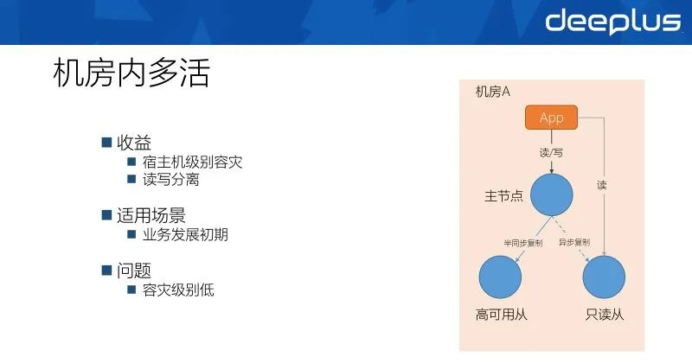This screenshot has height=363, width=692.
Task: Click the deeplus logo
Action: [612, 21]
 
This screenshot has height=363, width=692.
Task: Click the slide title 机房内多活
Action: [131, 73]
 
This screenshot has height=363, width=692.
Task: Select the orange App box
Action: [551, 118]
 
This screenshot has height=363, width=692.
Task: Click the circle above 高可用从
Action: [500, 277]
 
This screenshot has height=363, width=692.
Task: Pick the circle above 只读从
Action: [604, 277]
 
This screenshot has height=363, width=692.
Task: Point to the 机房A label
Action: [493, 92]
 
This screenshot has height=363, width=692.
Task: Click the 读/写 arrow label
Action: [551, 151]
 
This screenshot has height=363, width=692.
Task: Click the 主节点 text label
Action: [503, 195]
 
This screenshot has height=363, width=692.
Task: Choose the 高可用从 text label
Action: [501, 315]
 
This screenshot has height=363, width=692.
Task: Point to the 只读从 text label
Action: [604, 315]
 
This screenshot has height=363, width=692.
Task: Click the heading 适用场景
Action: [151, 215]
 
